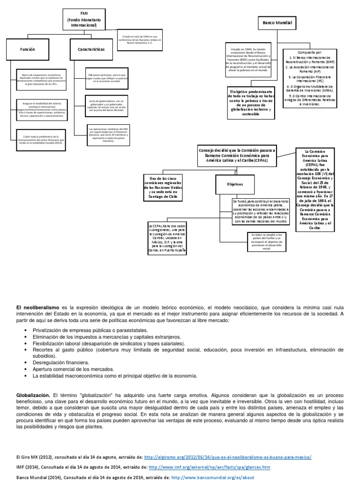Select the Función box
(x=28, y=49)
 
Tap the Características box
(x=91, y=49)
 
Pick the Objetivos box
(x=235, y=184)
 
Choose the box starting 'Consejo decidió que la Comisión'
(x=238, y=155)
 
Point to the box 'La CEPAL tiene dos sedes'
(x=166, y=239)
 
